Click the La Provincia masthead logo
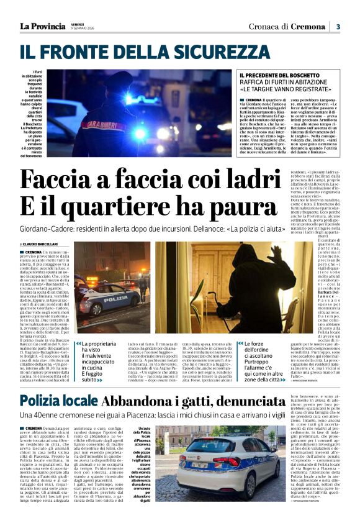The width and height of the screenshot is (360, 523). point(42,26)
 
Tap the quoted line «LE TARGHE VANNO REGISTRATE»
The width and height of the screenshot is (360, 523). point(279,89)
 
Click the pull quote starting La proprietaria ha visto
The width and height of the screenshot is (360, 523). point(99,361)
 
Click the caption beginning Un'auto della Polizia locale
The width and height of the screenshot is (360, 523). point(142,466)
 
